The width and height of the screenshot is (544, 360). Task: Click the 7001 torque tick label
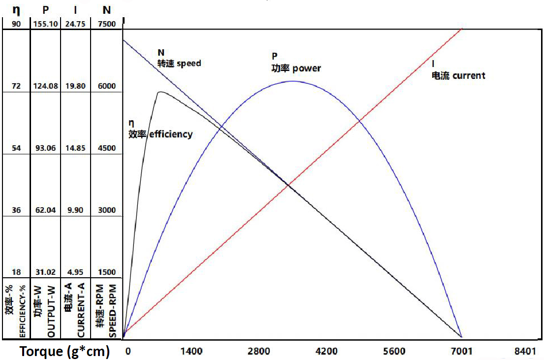(461, 351)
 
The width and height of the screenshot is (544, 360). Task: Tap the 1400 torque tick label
(192, 351)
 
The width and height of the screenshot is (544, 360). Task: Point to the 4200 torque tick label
(326, 351)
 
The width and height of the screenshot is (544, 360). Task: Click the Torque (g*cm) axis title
(64, 352)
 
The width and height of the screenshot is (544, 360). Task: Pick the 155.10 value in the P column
(45, 24)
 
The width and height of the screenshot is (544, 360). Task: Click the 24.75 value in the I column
(76, 24)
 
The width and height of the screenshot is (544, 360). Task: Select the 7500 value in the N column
(107, 24)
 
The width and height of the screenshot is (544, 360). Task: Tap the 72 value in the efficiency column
(16, 86)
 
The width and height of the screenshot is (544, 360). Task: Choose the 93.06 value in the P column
(45, 148)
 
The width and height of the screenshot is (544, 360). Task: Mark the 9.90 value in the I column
(76, 210)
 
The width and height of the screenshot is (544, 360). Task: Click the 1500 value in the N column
(107, 272)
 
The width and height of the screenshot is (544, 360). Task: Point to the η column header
(16, 9)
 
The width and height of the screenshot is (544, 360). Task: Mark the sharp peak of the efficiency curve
(159, 92)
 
